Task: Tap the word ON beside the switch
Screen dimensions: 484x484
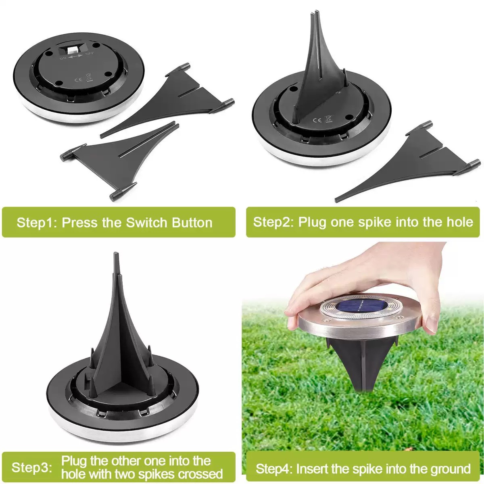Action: (x=63, y=58)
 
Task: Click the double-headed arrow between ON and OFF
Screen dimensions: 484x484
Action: (x=75, y=56)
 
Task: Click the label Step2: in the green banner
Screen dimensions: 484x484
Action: (x=273, y=222)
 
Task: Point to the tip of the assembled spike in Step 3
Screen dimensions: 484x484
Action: (x=115, y=253)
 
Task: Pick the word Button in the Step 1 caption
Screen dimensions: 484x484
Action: (x=192, y=223)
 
